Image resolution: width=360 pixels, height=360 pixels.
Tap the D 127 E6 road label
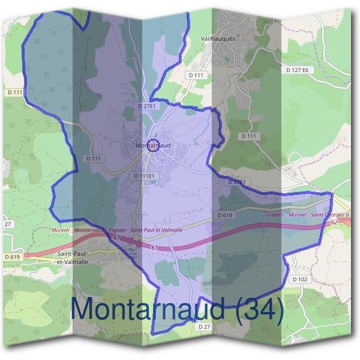coord(301,70)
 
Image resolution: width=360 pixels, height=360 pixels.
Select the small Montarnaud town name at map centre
coord(153,145)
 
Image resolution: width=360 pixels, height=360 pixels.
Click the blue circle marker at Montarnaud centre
coord(153,145)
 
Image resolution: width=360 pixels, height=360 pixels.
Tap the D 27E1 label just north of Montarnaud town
coord(146,106)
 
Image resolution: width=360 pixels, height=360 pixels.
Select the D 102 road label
coord(300,280)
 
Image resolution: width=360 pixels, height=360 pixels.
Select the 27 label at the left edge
coord(7,224)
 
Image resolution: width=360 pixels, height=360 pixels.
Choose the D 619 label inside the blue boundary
coord(224,215)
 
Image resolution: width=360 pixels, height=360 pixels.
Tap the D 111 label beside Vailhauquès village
coord(196,75)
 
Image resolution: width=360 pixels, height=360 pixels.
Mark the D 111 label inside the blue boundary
coord(95,158)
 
